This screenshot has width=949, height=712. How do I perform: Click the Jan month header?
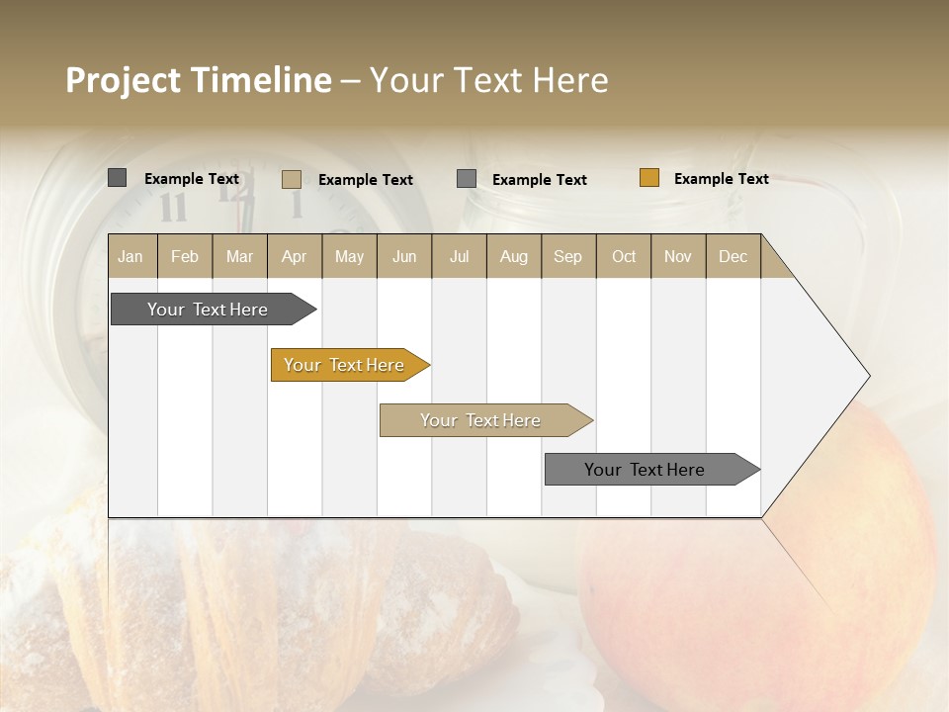tap(131, 256)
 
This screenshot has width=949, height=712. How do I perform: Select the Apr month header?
tap(295, 256)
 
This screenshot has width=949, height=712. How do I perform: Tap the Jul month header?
tap(459, 256)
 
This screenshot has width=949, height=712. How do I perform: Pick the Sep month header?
tap(567, 256)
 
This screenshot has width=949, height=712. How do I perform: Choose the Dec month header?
tap(733, 256)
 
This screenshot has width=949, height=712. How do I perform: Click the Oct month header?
tap(623, 256)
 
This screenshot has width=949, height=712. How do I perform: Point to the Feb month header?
tap(185, 256)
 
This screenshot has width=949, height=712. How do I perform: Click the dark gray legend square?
tap(118, 178)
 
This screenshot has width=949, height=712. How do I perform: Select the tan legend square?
tap(292, 179)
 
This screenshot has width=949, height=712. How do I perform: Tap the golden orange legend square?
tap(649, 178)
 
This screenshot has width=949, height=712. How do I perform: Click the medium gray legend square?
tap(467, 179)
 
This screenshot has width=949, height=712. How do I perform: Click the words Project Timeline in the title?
tap(198, 80)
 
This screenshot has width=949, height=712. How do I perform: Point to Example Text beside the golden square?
tap(721, 179)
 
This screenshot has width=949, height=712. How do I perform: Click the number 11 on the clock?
tap(173, 208)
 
